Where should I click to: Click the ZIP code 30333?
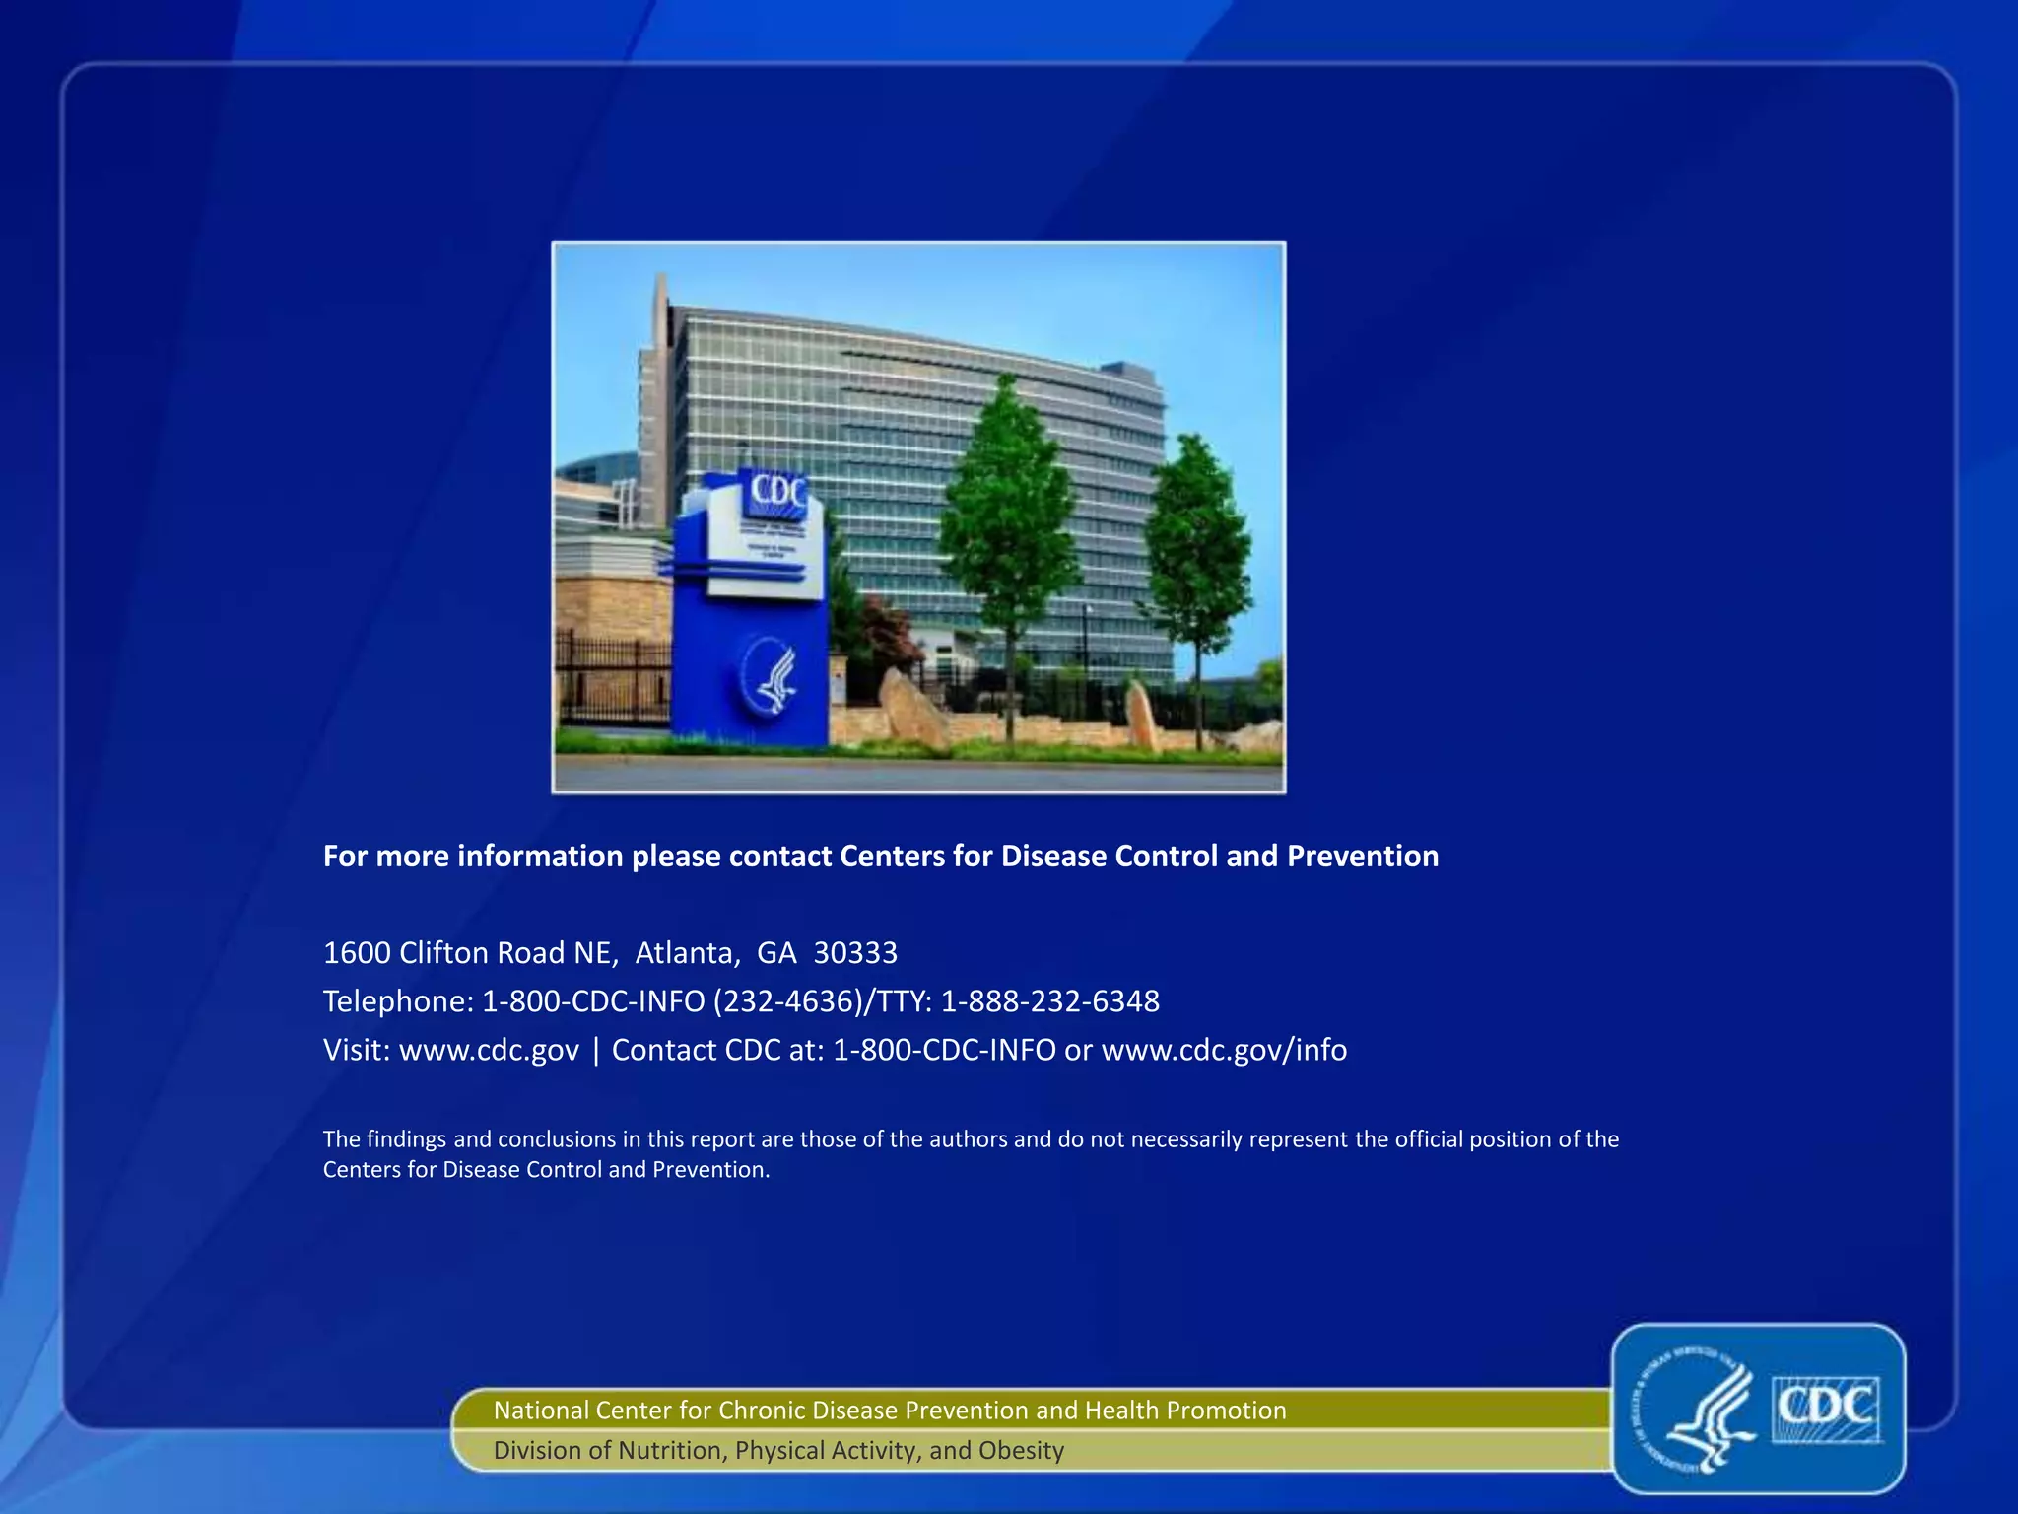[855, 953]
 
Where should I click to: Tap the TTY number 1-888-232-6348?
[1049, 1001]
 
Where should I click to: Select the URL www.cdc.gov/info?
[1224, 1050]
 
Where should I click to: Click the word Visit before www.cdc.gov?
[357, 1050]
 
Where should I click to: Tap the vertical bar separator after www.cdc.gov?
[596, 1050]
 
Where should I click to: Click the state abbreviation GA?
[776, 953]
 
